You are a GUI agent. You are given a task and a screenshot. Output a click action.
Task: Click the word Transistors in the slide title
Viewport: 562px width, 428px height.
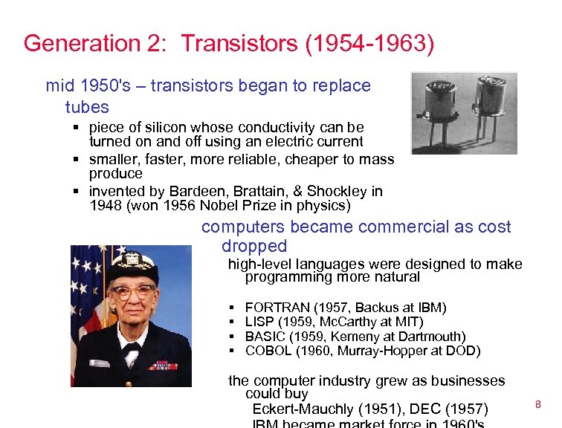click(239, 43)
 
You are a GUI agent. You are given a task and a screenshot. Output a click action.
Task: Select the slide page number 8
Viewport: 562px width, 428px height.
click(537, 403)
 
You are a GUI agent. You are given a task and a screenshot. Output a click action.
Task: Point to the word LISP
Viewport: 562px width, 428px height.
click(259, 322)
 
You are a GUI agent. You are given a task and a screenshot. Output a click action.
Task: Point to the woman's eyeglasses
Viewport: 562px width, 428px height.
click(135, 292)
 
